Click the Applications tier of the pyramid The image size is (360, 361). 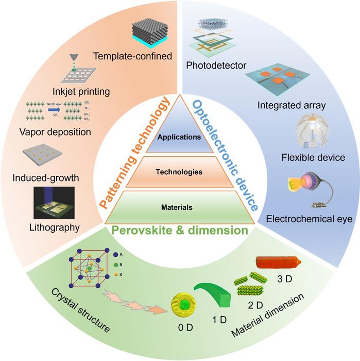click(x=179, y=137)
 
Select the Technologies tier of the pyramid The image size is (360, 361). click(x=179, y=172)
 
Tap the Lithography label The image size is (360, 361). click(x=54, y=227)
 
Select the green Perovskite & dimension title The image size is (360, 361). click(x=179, y=231)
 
